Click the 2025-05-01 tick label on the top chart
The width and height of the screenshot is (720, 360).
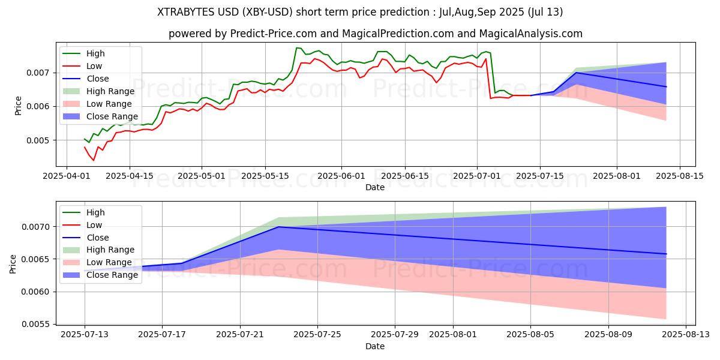(202, 176)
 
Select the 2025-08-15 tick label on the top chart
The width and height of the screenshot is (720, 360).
(679, 176)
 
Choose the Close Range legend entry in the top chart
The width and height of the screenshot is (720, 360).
(112, 116)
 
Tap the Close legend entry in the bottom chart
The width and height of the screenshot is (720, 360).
(98, 238)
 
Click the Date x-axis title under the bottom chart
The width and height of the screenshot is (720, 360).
(375, 346)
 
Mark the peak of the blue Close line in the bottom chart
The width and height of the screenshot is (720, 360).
(278, 227)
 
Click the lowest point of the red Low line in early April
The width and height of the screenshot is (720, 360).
(94, 160)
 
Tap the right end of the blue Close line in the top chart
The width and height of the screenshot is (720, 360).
(666, 86)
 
